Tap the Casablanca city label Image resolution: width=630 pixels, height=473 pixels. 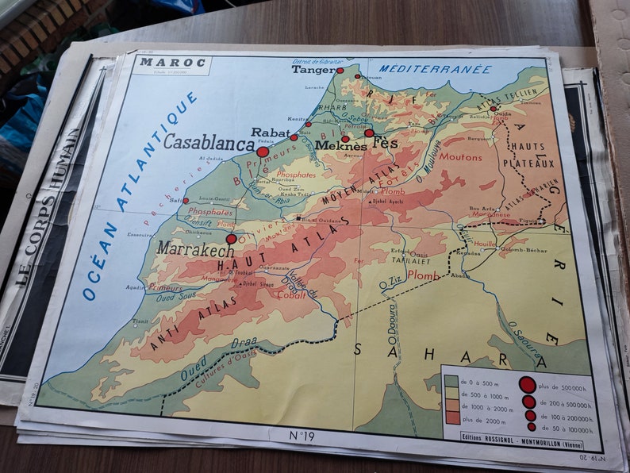pos(209,143)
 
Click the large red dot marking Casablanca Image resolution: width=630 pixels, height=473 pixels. pos(263,152)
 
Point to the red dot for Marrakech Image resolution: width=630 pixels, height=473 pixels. pos(231,238)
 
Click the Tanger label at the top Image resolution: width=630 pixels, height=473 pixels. pos(313,70)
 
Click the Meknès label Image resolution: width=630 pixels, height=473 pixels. pos(340,147)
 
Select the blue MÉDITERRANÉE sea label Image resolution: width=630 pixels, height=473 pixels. pos(435,69)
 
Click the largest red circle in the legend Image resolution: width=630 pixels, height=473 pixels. pos(527,385)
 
